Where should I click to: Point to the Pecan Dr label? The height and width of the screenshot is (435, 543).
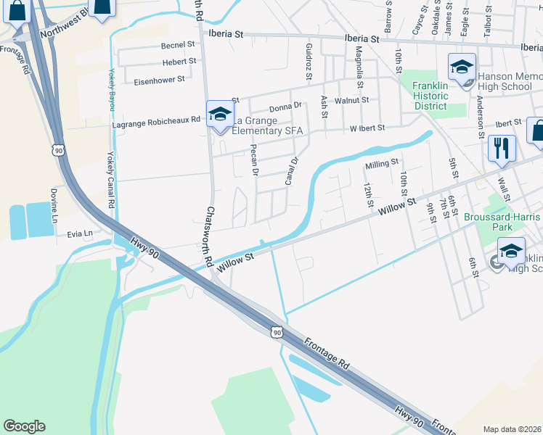tap(254, 159)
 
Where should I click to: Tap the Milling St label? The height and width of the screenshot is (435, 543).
tap(382, 163)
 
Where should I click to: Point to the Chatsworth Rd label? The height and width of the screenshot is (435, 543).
tap(209, 236)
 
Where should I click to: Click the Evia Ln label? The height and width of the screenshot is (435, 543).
tap(80, 233)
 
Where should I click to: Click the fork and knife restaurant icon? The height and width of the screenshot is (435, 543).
tap(502, 148)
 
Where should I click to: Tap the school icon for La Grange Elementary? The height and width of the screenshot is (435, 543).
tap(220, 114)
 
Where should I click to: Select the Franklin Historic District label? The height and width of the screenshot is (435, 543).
tap(430, 96)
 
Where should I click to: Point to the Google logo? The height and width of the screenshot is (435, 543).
tap(24, 426)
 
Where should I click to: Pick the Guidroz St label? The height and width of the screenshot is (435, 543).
tap(309, 60)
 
